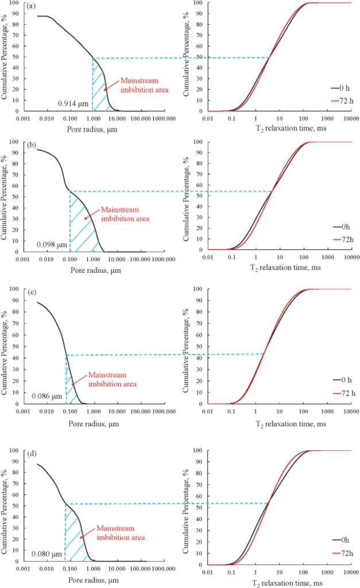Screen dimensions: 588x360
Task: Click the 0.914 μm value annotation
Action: point(72,103)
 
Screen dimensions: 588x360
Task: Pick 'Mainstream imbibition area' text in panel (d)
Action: point(121,532)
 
